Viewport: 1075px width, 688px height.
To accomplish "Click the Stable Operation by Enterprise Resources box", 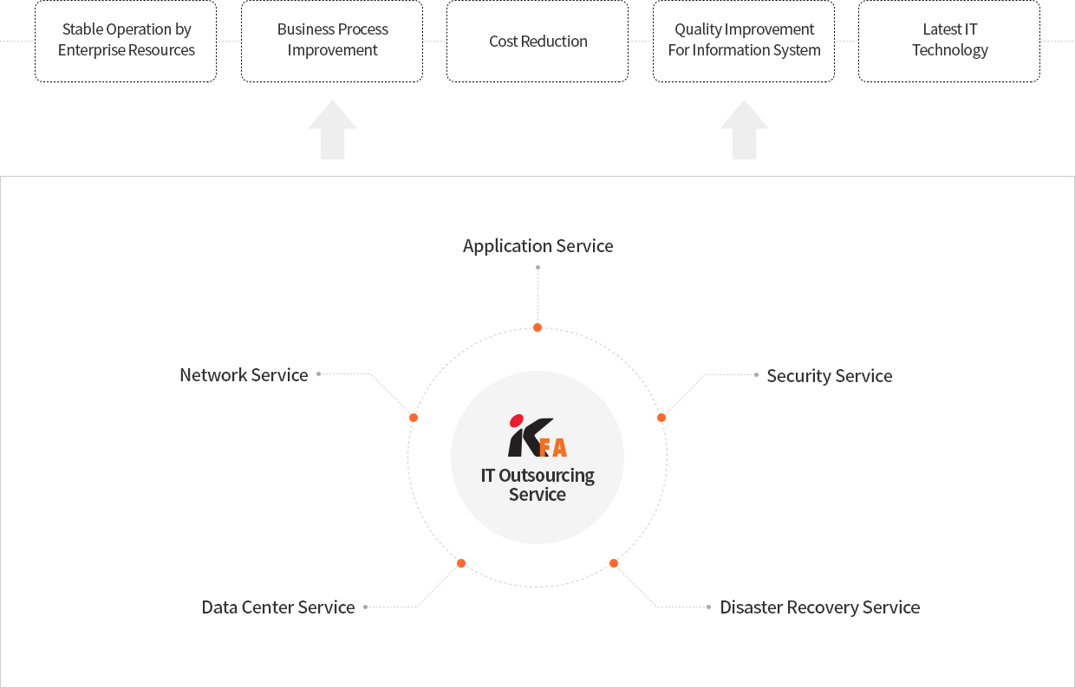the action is (x=126, y=42).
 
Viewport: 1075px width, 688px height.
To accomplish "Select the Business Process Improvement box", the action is (x=332, y=42).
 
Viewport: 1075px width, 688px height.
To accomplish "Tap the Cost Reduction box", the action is (x=537, y=42).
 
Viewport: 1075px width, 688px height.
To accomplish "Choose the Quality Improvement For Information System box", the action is (x=744, y=42).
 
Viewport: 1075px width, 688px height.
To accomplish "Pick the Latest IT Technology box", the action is (x=949, y=42).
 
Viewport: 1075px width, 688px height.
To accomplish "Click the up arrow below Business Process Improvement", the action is (x=332, y=129).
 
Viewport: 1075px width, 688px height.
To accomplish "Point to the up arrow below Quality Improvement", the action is (x=744, y=129).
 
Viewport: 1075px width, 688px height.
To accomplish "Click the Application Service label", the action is (x=538, y=246).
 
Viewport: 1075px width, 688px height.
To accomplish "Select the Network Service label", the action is (x=244, y=375).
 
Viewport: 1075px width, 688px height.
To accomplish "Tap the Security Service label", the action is (x=830, y=376).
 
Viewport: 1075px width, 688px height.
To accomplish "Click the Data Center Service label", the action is (x=278, y=607).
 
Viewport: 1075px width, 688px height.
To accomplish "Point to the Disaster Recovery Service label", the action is (x=820, y=607).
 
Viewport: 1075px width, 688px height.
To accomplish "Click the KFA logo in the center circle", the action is (x=538, y=436).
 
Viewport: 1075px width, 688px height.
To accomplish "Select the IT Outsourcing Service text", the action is (x=537, y=484).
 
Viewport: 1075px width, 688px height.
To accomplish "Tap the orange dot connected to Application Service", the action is (x=537, y=328).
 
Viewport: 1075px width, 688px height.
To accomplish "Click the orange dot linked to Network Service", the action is (x=414, y=418).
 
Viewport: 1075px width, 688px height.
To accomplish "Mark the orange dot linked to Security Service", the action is (x=661, y=418).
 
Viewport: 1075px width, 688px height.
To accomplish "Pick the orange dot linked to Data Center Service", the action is (x=461, y=563).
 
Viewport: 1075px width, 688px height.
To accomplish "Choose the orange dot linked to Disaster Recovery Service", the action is (x=614, y=563).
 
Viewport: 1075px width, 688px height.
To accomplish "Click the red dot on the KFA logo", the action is (x=517, y=421).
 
